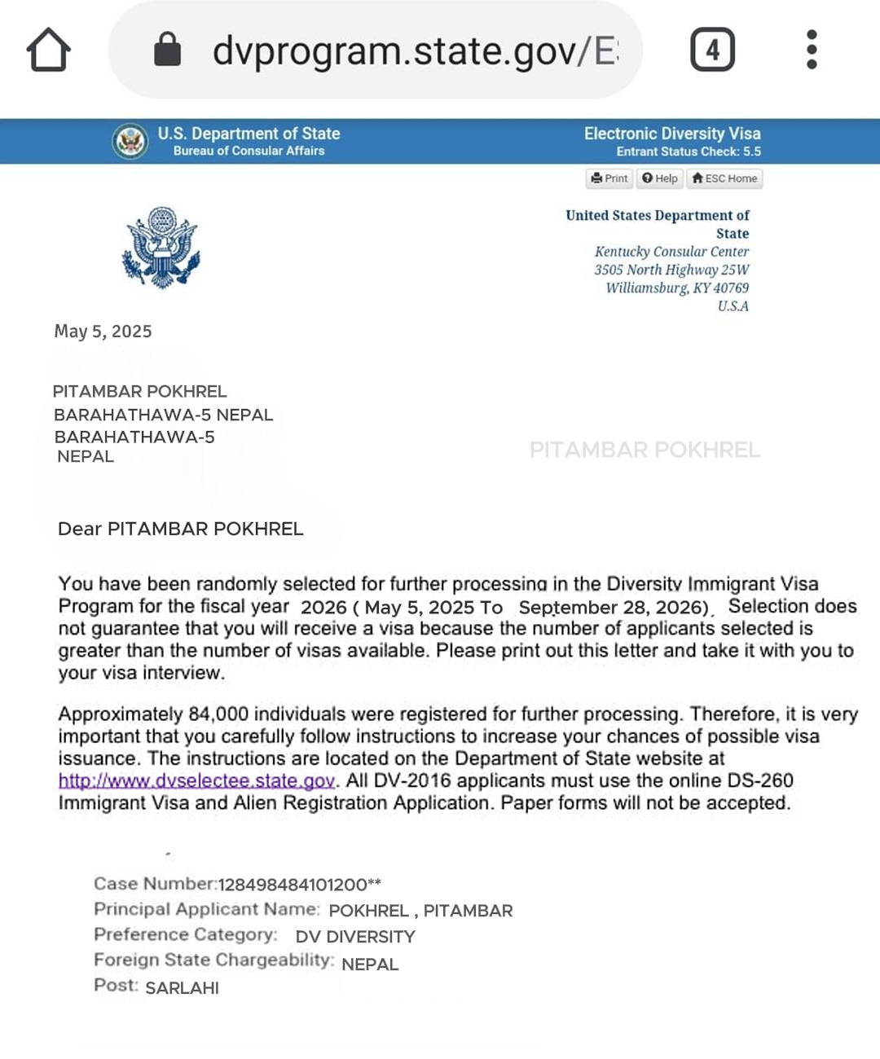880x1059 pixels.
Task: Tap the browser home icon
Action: (x=49, y=51)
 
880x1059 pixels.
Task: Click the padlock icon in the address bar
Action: (x=167, y=50)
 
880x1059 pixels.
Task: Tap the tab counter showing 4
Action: (x=712, y=50)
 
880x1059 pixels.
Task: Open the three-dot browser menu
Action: (x=811, y=50)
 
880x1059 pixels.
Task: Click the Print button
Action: (x=609, y=178)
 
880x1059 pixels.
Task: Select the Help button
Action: (x=659, y=178)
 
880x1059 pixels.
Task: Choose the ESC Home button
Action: (x=724, y=178)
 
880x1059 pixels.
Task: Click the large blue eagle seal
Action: (x=161, y=248)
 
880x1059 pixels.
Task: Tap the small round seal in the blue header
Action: (x=130, y=142)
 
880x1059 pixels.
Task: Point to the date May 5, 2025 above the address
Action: (x=103, y=332)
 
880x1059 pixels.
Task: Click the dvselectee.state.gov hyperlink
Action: (x=196, y=780)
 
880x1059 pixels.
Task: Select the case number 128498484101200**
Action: (x=299, y=885)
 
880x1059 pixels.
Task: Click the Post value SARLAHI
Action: (x=182, y=988)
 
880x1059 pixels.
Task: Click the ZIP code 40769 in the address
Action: (x=731, y=288)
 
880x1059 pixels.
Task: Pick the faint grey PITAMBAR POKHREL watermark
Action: (x=645, y=450)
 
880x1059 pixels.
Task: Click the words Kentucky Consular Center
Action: (x=671, y=252)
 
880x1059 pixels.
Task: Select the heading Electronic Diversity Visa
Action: (x=672, y=134)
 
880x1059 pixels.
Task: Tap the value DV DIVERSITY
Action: (x=355, y=937)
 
